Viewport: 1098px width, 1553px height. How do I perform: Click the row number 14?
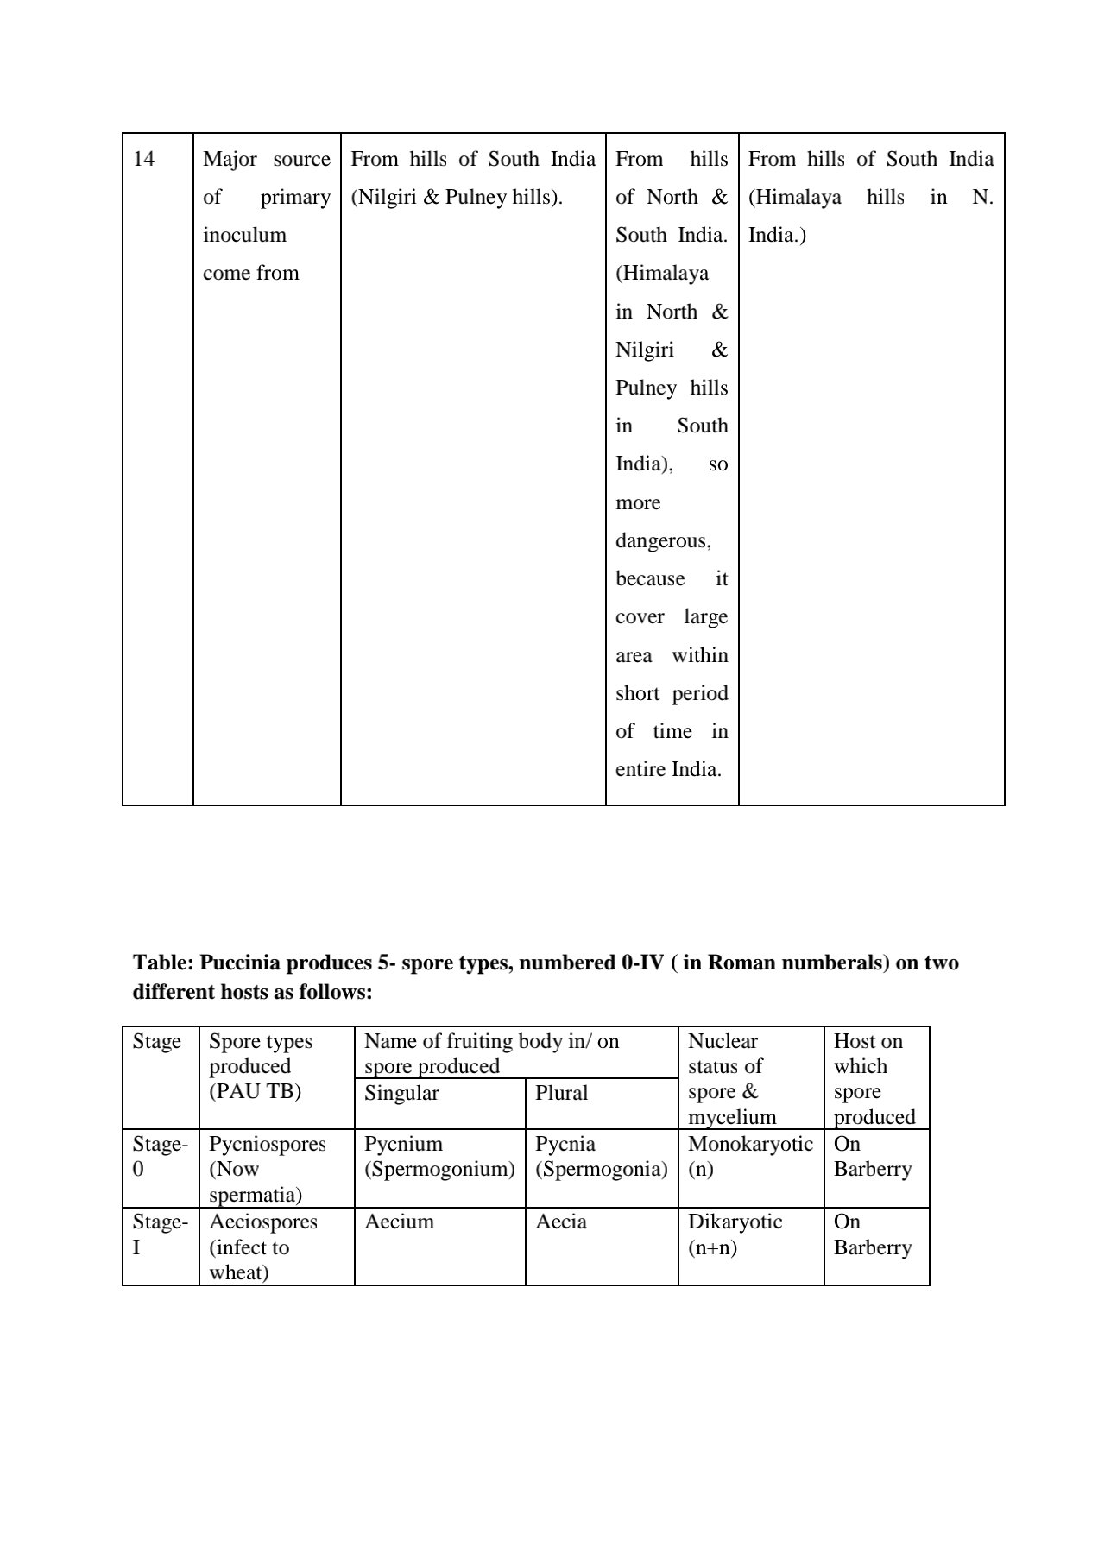pos(144,160)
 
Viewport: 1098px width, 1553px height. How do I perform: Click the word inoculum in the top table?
pos(244,235)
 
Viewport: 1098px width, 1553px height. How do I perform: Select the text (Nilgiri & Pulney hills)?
pos(457,198)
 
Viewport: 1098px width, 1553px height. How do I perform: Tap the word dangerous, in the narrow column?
pos(663,541)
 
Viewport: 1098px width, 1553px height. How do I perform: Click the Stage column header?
pos(157,1042)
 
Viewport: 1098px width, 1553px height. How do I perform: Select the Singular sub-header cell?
pos(401,1093)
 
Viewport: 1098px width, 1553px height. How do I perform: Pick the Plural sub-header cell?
pos(561,1093)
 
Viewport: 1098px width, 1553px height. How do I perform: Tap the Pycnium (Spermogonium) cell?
pos(439,1157)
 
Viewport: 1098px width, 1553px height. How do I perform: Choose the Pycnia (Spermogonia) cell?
pos(601,1157)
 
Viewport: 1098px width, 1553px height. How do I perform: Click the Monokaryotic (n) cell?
pos(750,1157)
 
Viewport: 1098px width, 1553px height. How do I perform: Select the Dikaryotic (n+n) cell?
pos(735,1234)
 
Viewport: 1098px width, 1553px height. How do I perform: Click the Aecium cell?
pos(399,1222)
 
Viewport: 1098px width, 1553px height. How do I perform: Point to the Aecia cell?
pos(561,1222)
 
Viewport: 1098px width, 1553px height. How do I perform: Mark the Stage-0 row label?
pos(160,1157)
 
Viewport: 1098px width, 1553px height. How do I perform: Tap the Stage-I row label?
pos(160,1234)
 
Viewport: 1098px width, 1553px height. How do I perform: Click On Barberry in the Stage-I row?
pos(872,1234)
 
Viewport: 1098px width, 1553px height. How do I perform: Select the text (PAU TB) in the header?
pos(255,1091)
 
